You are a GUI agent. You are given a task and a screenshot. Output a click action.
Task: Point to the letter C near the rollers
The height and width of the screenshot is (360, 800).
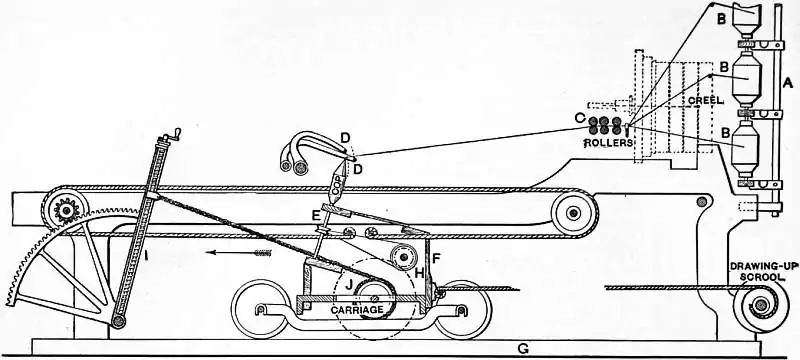coord(578,120)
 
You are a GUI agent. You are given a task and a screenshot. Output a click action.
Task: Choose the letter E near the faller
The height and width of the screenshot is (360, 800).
coord(316,217)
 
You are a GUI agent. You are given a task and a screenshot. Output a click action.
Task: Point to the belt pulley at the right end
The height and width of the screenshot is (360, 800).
coord(574,211)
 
